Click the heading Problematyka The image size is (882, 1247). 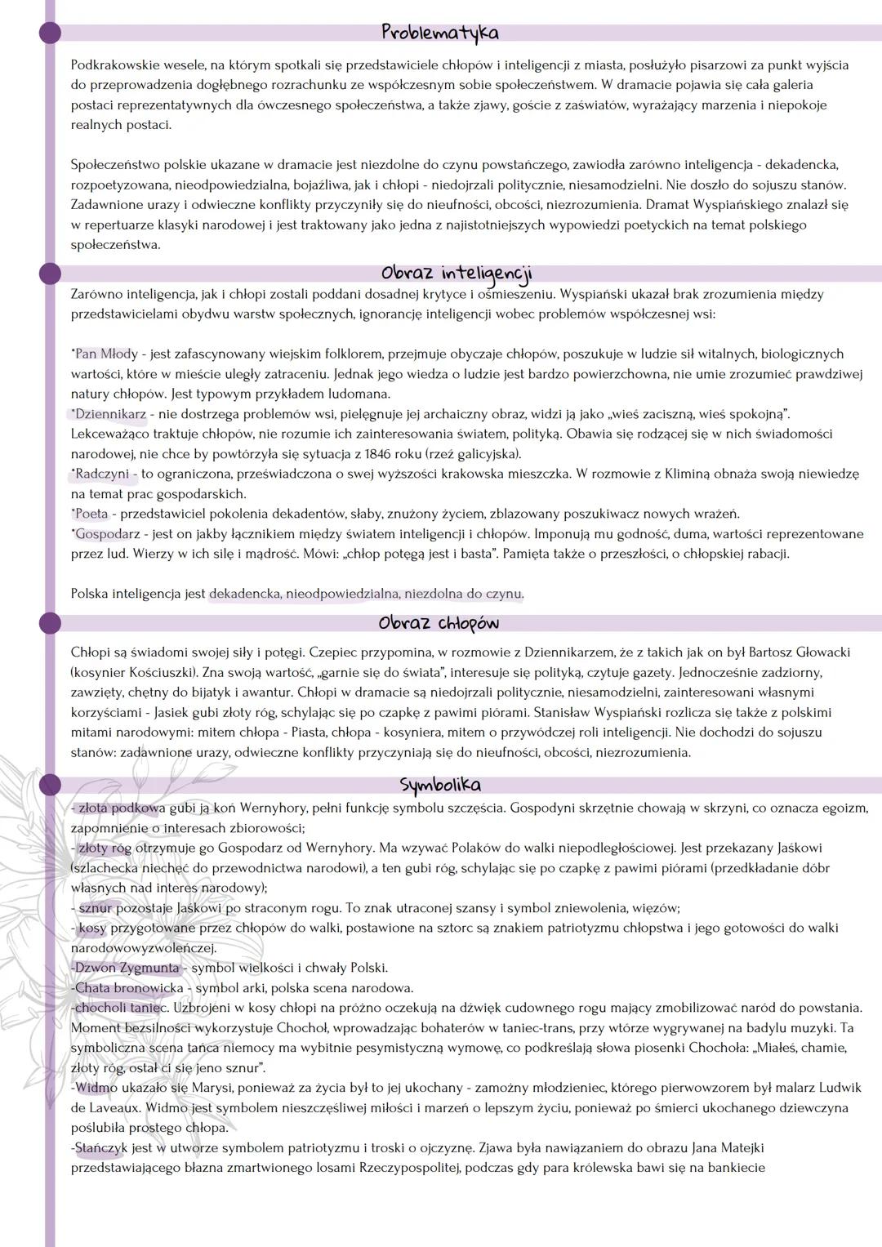coord(439,33)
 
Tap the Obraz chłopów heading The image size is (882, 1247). coord(439,623)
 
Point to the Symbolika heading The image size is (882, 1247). coord(440,785)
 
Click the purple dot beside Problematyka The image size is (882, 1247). coord(50,33)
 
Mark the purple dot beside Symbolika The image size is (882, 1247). coord(50,785)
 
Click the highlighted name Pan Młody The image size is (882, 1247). coord(106,354)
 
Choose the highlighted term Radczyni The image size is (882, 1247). coord(102,474)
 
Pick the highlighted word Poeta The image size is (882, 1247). coord(91,514)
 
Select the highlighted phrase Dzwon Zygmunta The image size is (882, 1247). coord(127,968)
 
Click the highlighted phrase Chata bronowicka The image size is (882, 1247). coord(129,988)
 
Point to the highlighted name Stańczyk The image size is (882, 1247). coord(101,1148)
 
